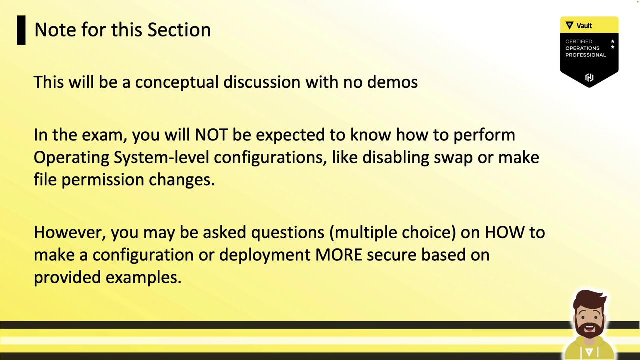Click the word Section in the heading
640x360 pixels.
179,30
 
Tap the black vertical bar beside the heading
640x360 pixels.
21,30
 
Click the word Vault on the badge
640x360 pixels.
584,26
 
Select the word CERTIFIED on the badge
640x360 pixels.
579,41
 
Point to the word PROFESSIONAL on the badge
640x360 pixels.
585,55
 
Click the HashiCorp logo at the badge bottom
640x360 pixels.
589,77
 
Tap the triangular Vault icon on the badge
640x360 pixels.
569,25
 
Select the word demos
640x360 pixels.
392,82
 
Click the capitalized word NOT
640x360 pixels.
211,135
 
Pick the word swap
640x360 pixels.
453,158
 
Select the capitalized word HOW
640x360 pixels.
505,232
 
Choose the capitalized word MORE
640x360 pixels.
339,255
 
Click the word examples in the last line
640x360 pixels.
143,277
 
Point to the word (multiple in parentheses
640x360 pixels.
363,233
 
